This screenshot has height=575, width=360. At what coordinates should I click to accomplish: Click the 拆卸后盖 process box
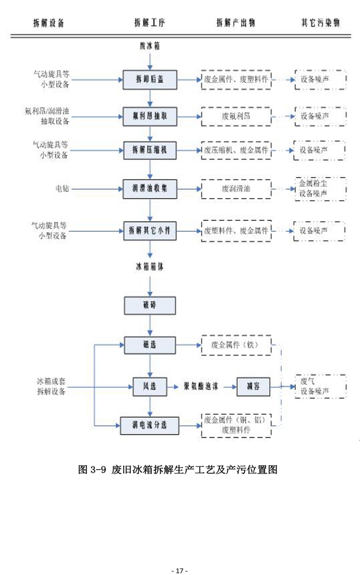[x=150, y=79]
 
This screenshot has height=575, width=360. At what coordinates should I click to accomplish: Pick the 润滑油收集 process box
[x=150, y=188]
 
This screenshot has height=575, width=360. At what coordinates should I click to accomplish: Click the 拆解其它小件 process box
[x=150, y=229]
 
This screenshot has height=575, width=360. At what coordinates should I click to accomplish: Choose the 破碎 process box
[x=150, y=306]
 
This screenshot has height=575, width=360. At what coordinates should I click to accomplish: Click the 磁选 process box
[x=150, y=345]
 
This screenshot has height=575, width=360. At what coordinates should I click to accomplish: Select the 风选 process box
[x=149, y=387]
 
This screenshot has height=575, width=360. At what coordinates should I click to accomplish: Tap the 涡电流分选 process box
[x=149, y=425]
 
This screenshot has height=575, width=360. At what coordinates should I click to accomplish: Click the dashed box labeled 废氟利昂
[x=236, y=115]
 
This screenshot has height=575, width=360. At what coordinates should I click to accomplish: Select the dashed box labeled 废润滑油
[x=236, y=188]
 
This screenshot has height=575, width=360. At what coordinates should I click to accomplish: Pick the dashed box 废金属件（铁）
[x=236, y=345]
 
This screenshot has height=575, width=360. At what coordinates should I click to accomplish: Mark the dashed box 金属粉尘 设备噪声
[x=320, y=188]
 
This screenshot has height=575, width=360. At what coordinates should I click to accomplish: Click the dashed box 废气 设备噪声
[x=320, y=387]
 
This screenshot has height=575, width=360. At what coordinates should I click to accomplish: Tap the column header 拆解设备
[x=49, y=23]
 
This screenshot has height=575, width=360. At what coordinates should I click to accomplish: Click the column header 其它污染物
[x=320, y=23]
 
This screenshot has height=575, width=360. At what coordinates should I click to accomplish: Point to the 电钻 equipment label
[x=61, y=188]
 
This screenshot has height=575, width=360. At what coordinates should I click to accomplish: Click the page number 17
[x=180, y=568]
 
